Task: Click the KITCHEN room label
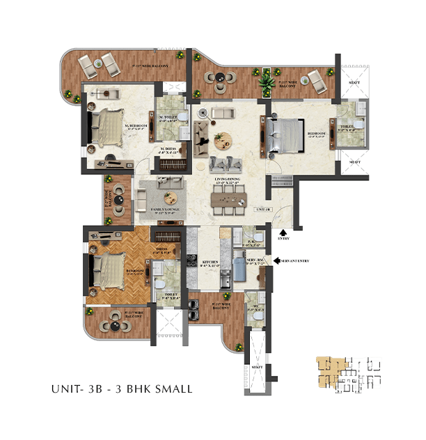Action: tap(210, 264)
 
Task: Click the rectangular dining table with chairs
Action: tap(229, 201)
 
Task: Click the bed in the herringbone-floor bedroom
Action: tap(109, 270)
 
